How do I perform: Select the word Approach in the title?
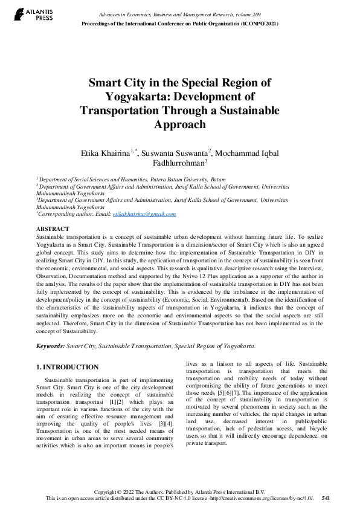181,125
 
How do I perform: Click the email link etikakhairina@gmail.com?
144,214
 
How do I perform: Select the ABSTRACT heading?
53,230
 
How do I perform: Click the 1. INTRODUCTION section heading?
67,367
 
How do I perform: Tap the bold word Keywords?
50,346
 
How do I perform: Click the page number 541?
326,498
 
